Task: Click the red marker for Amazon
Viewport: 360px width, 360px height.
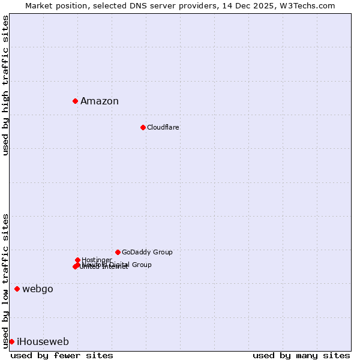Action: click(x=75, y=101)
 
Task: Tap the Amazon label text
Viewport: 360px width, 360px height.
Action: click(x=100, y=101)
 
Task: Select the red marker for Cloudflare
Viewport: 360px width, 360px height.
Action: click(x=143, y=127)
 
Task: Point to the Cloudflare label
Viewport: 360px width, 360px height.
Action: click(x=163, y=128)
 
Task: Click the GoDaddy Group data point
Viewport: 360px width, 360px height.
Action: click(x=118, y=252)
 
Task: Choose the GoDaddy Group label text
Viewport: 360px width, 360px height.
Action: click(x=147, y=253)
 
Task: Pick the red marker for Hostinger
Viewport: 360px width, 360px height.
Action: click(x=77, y=260)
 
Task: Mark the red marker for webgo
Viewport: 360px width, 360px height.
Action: click(x=17, y=289)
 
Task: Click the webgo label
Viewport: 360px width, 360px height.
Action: click(x=38, y=289)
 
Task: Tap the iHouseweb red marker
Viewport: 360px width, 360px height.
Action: click(x=11, y=341)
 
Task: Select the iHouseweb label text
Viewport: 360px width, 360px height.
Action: click(x=43, y=342)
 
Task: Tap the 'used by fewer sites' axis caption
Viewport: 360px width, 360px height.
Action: click(x=62, y=355)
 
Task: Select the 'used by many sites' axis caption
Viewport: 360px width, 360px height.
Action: click(x=301, y=355)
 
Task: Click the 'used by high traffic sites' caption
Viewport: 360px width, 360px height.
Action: click(x=5, y=85)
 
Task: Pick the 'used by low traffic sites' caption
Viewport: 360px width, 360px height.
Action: click(x=5, y=280)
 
